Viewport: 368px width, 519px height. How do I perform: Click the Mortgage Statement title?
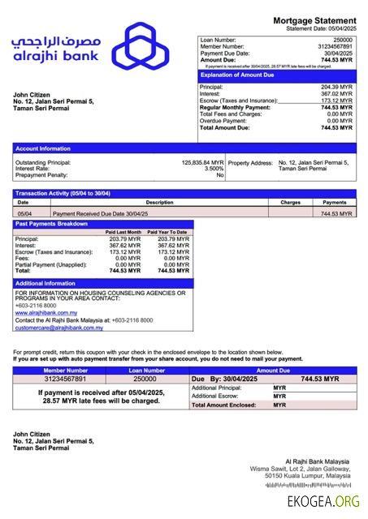315,20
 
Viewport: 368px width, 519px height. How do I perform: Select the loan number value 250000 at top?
343,39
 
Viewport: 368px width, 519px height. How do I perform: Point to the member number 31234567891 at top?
335,46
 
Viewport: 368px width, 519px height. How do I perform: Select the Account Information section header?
43,148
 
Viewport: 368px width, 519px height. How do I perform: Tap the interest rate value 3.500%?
214,169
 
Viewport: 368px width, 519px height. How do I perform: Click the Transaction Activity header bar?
63,193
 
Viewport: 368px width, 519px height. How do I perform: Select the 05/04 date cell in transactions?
24,213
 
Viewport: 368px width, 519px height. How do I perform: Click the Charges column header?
290,202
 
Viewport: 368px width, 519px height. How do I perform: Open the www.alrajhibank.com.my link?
46,311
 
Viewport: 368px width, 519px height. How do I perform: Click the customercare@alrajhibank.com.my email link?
58,328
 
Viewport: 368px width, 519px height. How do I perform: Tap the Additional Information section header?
45,283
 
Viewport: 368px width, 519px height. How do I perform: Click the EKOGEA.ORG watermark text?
323,502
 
